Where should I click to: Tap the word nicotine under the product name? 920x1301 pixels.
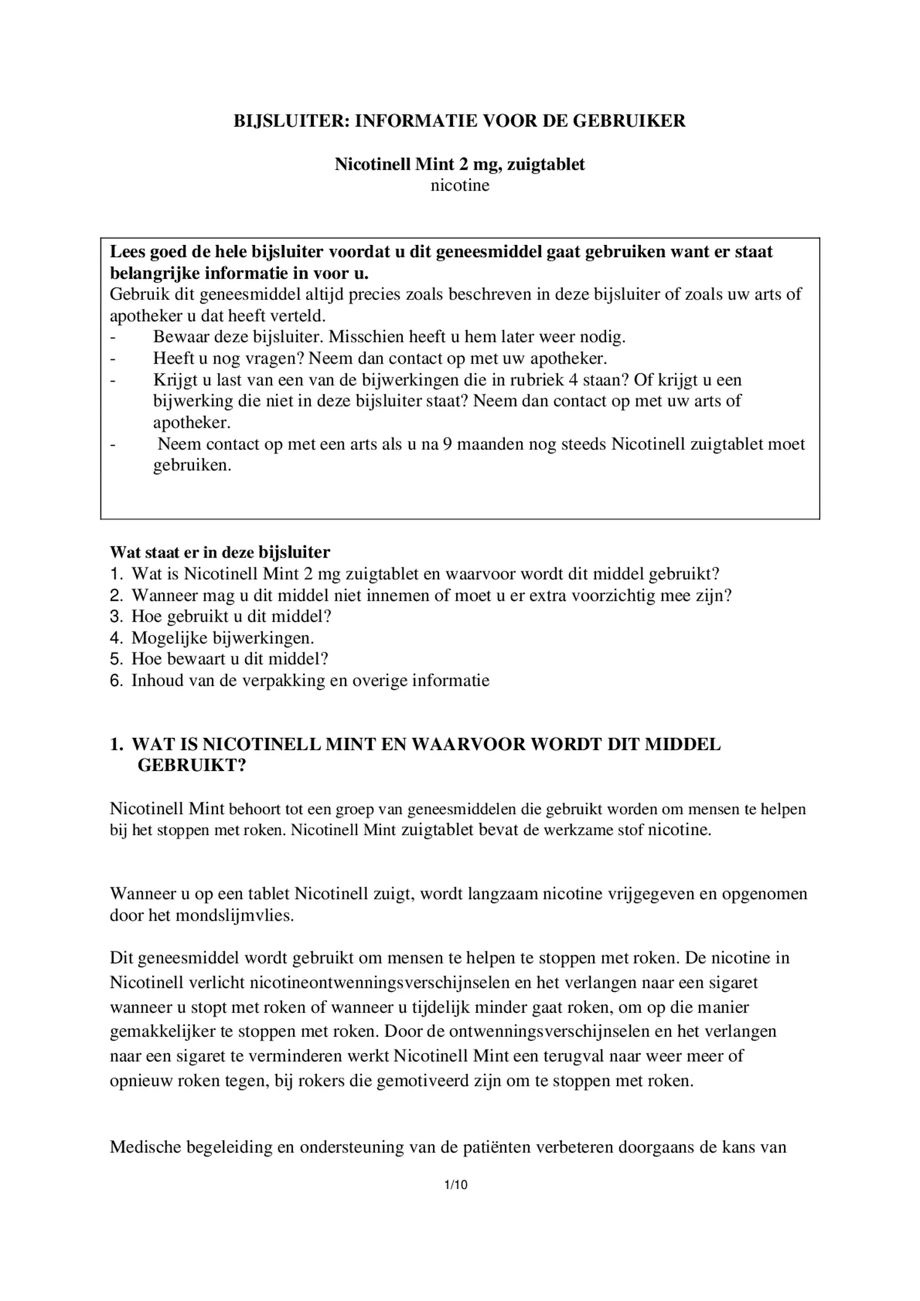(x=459, y=185)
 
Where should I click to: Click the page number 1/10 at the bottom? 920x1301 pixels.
(x=456, y=1185)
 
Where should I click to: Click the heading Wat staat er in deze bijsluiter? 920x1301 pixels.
(x=220, y=552)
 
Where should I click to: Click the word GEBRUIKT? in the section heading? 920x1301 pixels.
(x=191, y=766)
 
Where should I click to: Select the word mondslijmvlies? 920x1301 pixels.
(x=235, y=915)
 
